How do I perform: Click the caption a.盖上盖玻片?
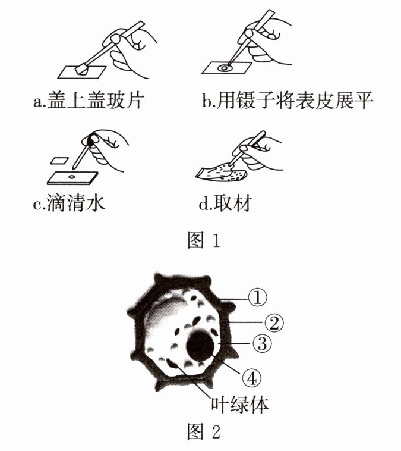click(x=89, y=101)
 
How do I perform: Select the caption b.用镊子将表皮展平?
click(x=288, y=101)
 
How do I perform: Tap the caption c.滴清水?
click(x=69, y=203)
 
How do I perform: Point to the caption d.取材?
click(x=225, y=203)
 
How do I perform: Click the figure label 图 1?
click(x=204, y=240)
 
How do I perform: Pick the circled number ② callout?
click(x=274, y=322)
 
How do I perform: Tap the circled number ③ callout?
click(x=262, y=343)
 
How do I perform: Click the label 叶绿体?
click(x=240, y=406)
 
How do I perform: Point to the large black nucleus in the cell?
click(x=200, y=346)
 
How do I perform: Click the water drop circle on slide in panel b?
click(x=224, y=68)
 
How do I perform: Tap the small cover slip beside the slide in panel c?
click(x=59, y=161)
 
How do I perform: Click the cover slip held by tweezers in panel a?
click(x=83, y=70)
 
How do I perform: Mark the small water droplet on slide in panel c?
click(x=71, y=177)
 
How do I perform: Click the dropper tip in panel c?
click(x=75, y=166)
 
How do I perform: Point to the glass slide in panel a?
click(x=82, y=73)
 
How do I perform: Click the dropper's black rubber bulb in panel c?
click(x=93, y=139)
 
